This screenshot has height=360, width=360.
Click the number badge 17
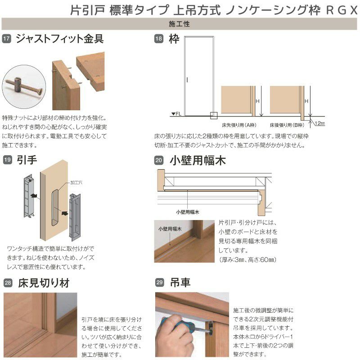point(7,39)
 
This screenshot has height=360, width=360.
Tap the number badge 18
point(158,39)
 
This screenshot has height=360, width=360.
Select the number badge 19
point(7,159)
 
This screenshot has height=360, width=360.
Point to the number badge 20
point(158,160)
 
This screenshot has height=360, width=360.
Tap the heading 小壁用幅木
point(198,160)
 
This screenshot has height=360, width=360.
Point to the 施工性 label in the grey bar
point(180,24)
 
